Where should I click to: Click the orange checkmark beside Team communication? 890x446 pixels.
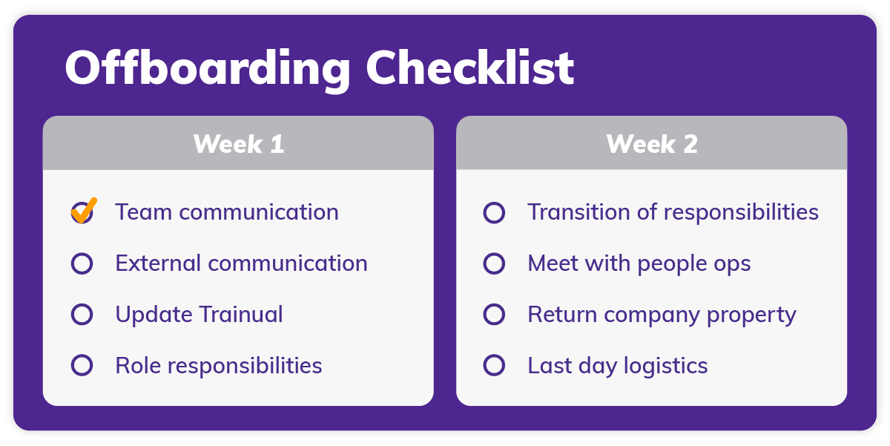tap(83, 210)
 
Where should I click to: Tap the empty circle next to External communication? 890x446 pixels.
tap(82, 263)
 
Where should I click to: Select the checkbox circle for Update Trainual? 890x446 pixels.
tap(82, 315)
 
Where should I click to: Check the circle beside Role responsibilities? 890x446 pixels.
tap(82, 365)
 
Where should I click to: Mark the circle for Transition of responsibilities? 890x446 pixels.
tap(494, 213)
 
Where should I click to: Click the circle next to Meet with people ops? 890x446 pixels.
tap(494, 263)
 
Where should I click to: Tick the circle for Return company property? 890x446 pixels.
tap(494, 315)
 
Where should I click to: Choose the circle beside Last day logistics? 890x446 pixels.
tap(494, 365)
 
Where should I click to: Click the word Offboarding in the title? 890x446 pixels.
tap(208, 69)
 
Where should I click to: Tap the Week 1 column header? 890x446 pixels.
tap(238, 143)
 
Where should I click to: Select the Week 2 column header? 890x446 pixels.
tap(651, 143)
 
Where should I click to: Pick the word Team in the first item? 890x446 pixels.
tap(144, 212)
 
